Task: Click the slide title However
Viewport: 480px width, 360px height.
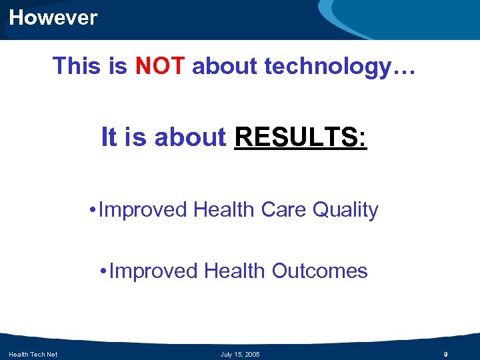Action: click(x=53, y=17)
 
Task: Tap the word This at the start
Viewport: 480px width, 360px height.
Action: click(x=75, y=66)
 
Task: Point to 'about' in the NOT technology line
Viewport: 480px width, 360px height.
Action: click(x=225, y=66)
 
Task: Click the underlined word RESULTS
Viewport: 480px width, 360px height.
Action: click(x=300, y=137)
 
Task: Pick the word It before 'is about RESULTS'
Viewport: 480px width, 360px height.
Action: click(x=108, y=137)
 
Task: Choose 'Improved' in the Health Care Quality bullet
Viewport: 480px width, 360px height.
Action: click(x=143, y=210)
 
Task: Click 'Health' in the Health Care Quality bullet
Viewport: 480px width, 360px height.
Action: click(x=223, y=210)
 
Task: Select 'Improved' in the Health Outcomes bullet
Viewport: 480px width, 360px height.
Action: click(x=153, y=271)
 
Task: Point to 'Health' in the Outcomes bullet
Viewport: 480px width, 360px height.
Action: click(x=235, y=271)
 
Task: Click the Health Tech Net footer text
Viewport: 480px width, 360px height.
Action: click(x=33, y=354)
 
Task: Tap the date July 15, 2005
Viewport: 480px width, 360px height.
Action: click(x=240, y=354)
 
